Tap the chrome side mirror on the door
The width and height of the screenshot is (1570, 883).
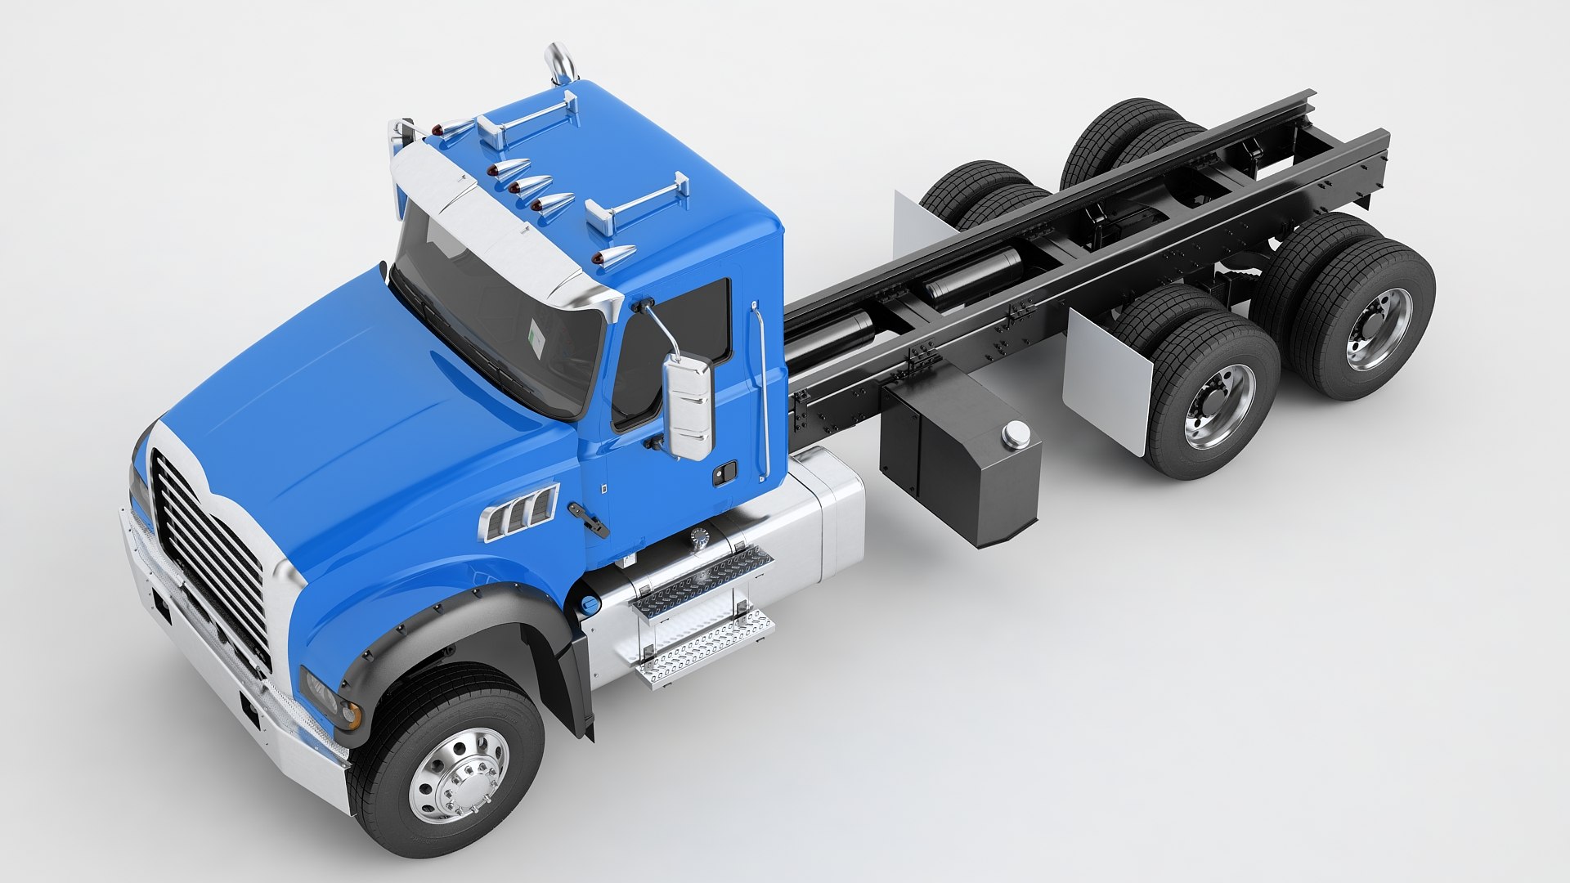click(688, 406)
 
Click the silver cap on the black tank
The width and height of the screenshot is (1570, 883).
click(1016, 434)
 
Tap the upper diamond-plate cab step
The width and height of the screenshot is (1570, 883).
click(702, 582)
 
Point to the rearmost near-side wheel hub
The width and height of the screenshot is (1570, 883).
click(1379, 328)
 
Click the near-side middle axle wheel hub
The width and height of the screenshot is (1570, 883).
click(1218, 406)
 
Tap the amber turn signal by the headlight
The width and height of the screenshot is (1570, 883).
click(351, 715)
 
